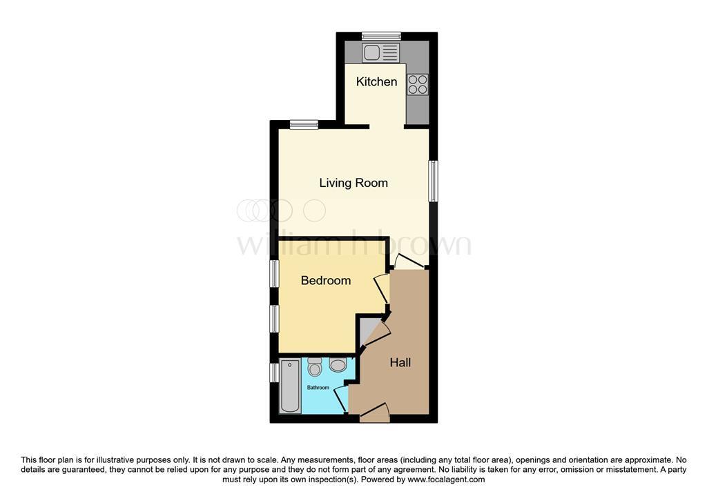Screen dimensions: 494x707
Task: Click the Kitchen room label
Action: [376, 82]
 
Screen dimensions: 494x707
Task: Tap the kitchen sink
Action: [380, 52]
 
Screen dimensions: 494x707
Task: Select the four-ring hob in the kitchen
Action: [418, 84]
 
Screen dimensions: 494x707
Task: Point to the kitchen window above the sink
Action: [382, 36]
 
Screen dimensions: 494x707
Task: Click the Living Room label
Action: [353, 183]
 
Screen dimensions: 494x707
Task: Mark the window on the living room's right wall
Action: [433, 181]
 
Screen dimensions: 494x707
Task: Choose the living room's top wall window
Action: [304, 125]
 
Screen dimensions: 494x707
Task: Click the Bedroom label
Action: [326, 281]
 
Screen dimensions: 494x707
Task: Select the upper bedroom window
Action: [274, 274]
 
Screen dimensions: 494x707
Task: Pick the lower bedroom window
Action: [274, 319]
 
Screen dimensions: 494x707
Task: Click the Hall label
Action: [400, 362]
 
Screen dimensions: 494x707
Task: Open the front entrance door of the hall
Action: [375, 413]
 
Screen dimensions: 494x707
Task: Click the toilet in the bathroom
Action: [315, 367]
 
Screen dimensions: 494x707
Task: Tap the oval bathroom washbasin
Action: [338, 365]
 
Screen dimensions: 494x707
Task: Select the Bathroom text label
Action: [318, 388]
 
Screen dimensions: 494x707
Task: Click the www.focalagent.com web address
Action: [446, 480]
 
